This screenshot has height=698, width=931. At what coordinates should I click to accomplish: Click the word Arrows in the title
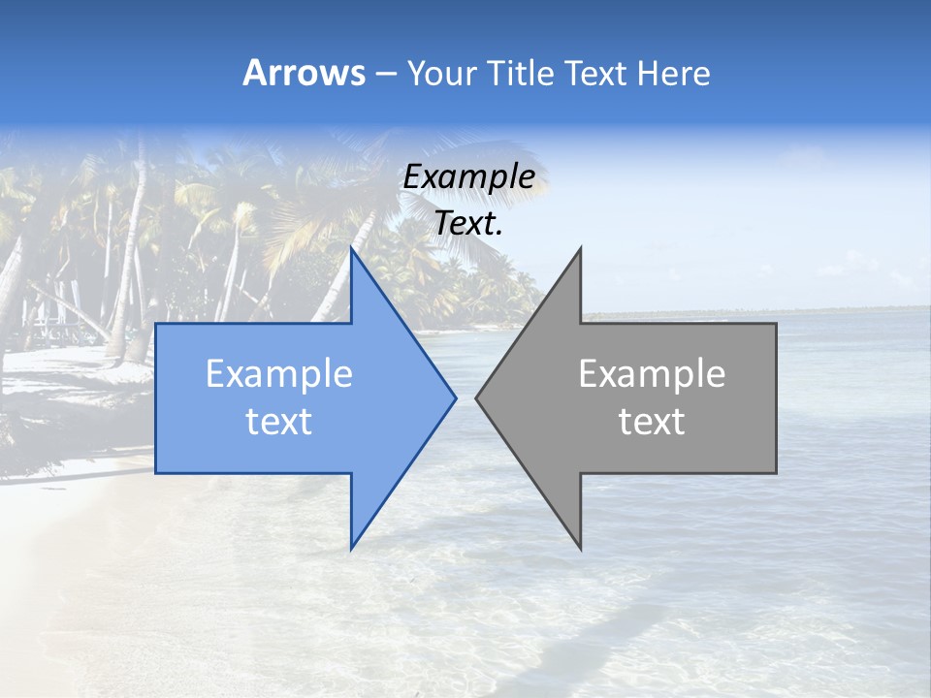pyautogui.click(x=304, y=73)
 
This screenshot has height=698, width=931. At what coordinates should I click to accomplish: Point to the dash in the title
pyautogui.click(x=385, y=74)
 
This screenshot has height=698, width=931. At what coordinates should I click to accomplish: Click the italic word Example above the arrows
pyautogui.click(x=468, y=177)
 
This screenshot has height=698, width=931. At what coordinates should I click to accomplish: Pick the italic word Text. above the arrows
pyautogui.click(x=468, y=223)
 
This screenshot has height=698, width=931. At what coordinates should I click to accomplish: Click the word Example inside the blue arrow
pyautogui.click(x=279, y=374)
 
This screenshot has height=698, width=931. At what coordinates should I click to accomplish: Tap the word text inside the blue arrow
pyautogui.click(x=279, y=422)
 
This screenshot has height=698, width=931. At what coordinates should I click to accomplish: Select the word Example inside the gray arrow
pyautogui.click(x=652, y=374)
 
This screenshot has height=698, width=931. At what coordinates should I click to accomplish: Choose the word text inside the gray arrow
pyautogui.click(x=652, y=422)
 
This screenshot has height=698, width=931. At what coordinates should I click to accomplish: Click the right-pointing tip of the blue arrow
pyautogui.click(x=455, y=397)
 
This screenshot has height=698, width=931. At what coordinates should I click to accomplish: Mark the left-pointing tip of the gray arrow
pyautogui.click(x=476, y=397)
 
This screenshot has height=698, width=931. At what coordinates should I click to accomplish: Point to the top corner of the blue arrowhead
pyautogui.click(x=351, y=249)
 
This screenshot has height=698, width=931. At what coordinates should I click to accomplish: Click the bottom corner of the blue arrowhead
pyautogui.click(x=351, y=549)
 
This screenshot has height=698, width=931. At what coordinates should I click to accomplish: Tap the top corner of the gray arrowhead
pyautogui.click(x=580, y=249)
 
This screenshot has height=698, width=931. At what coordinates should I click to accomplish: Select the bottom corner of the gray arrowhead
pyautogui.click(x=580, y=549)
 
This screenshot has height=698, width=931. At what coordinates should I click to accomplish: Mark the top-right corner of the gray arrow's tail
pyautogui.click(x=776, y=324)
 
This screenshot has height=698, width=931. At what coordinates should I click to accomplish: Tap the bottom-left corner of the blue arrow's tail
pyautogui.click(x=156, y=473)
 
